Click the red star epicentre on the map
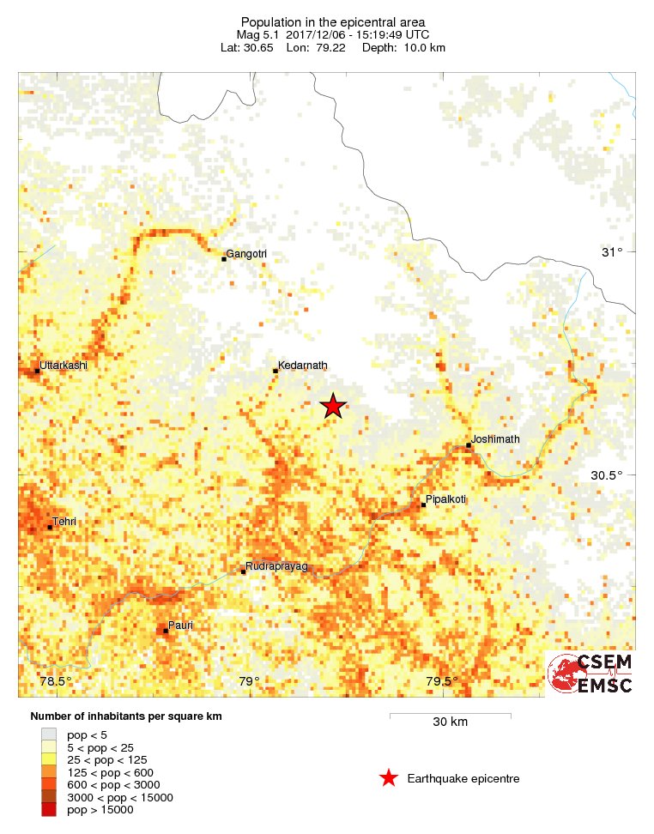[x=332, y=407]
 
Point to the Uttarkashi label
[x=64, y=366]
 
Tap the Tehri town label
[x=64, y=521]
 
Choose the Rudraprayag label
[x=276, y=566]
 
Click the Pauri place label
[x=180, y=625]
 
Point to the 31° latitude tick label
[x=611, y=252]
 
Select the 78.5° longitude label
[x=57, y=682]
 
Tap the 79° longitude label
[x=249, y=682]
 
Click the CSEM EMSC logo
[x=590, y=674]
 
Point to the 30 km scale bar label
[x=450, y=722]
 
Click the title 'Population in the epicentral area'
[x=333, y=21]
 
